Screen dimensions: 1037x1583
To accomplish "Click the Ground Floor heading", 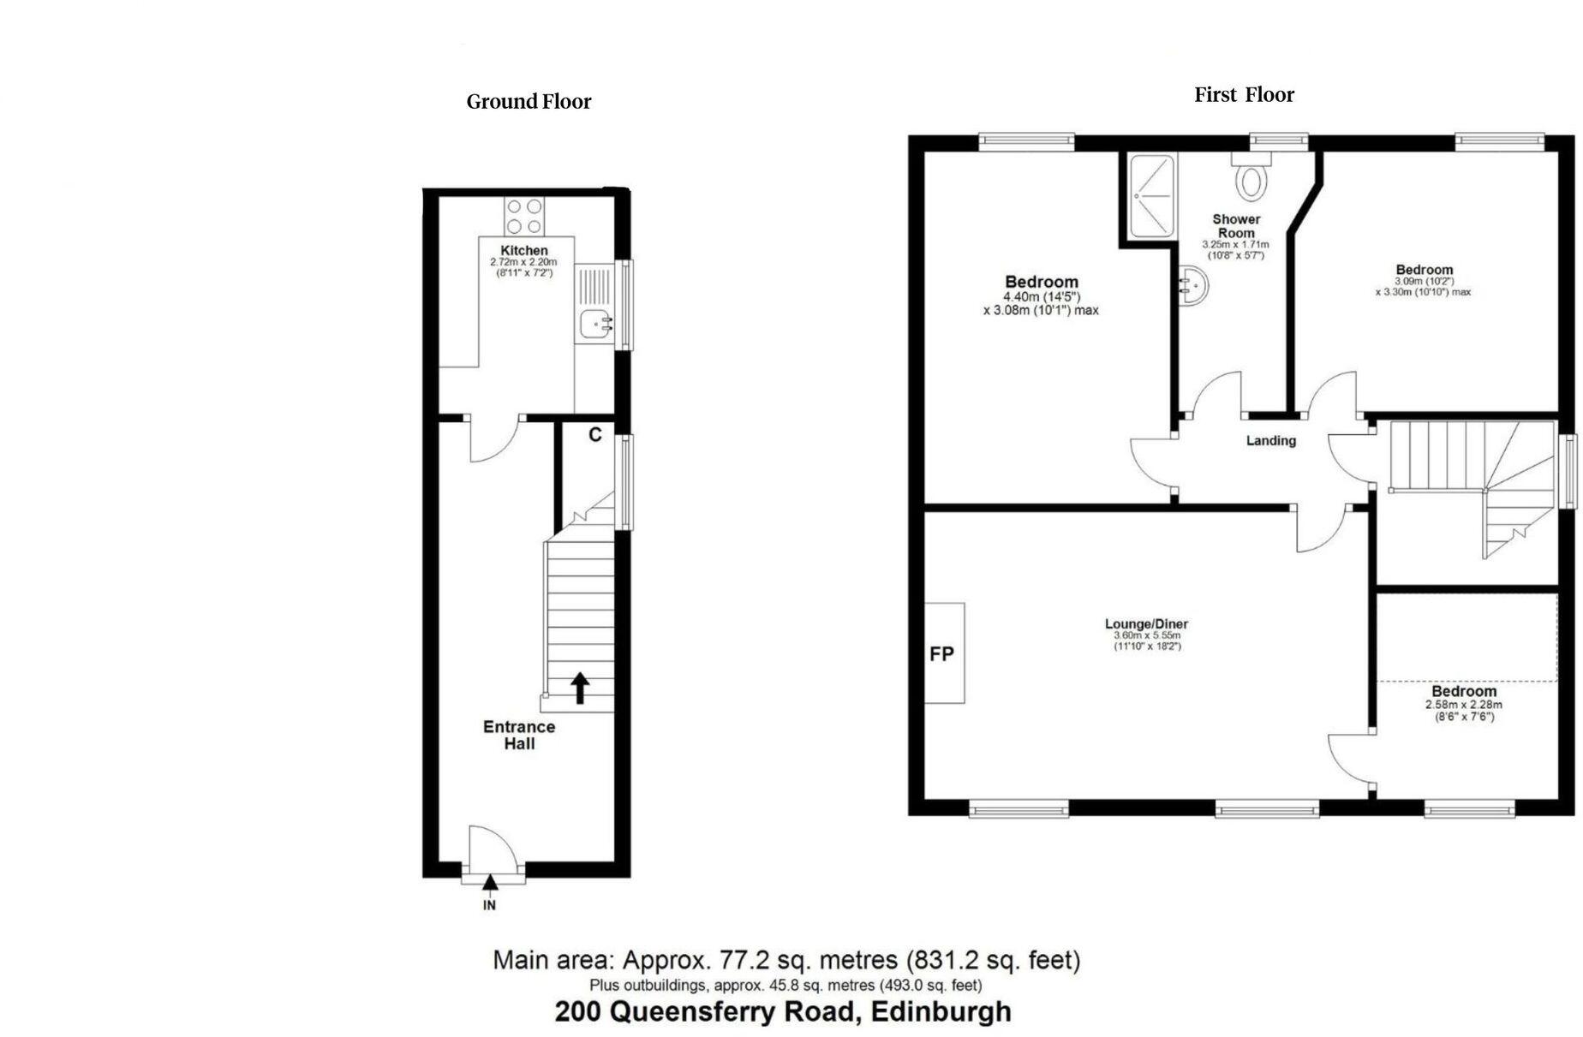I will pos(529,102).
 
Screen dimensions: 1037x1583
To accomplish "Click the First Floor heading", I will pos(1244,95).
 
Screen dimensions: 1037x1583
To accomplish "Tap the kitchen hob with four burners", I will pos(524,216).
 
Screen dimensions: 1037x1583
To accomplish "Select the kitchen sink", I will pos(596,325).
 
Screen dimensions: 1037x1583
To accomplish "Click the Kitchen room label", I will pos(524,251).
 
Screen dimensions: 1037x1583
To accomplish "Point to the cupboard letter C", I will pos(594,435).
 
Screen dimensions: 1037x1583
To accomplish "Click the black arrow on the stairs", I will pos(580,688).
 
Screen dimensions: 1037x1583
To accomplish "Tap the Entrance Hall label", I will pos(519,735).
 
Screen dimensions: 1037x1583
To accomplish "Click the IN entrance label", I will pos(489,905).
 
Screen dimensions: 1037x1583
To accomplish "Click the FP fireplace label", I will pos(941,654).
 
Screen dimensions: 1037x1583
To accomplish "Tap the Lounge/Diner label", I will pos(1146,624).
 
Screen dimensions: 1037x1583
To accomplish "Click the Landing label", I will pos(1270,441).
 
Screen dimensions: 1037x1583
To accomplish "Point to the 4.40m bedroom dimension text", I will pos(1041,297).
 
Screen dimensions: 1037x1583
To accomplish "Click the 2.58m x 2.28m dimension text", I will pos(1463,705).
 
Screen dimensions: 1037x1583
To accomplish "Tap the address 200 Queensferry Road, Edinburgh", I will pos(783,1012).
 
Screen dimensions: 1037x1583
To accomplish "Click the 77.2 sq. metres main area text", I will pos(786,960).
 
